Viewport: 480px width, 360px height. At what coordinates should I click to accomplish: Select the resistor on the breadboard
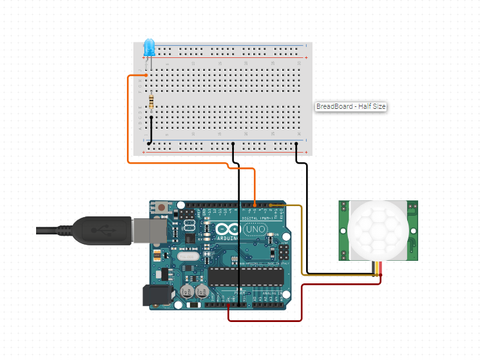[151, 102]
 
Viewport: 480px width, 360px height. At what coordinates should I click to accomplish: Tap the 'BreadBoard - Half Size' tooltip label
[350, 107]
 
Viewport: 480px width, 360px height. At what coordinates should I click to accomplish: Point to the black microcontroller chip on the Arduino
[245, 276]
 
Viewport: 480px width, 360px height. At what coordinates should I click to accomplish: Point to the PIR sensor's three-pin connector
[377, 269]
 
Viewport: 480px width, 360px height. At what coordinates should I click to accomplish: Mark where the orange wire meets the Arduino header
[255, 206]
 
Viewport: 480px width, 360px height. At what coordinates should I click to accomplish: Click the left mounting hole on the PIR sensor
[343, 207]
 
